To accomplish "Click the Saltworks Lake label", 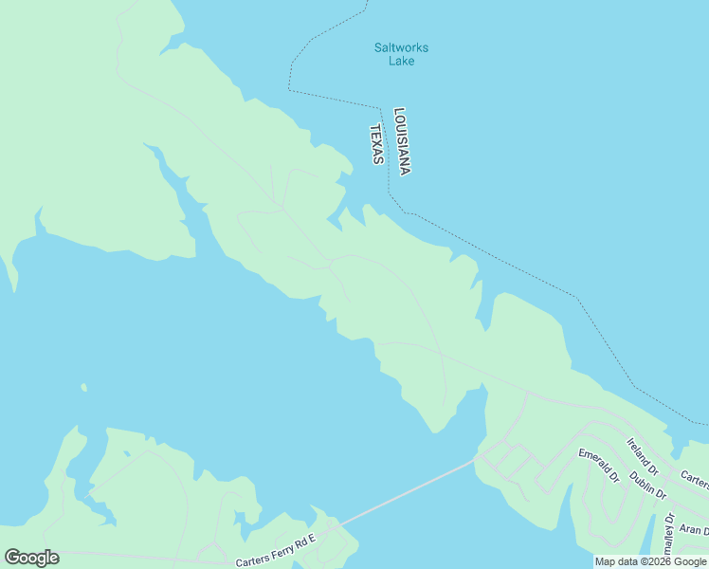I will (x=401, y=54).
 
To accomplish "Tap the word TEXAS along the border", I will (x=376, y=144).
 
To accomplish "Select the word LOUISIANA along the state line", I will (x=402, y=141).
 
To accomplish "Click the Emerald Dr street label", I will (x=598, y=465).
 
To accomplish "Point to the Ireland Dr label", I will (x=643, y=455).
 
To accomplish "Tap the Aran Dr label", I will (x=694, y=529).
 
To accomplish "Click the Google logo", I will (x=31, y=558).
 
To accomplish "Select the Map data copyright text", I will (x=650, y=562).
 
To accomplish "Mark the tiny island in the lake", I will (x=83, y=387).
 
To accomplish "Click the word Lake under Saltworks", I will (x=401, y=62).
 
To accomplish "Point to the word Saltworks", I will (x=401, y=47).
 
